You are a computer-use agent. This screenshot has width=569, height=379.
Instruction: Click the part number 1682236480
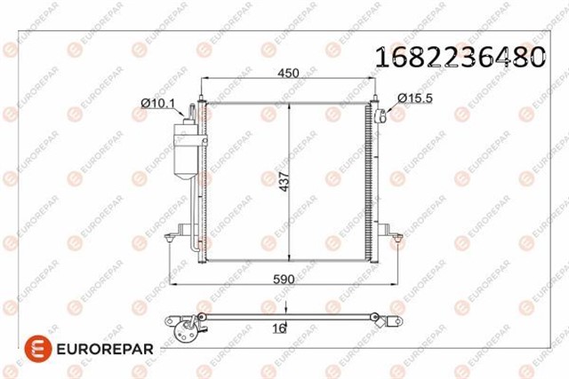[x=461, y=57]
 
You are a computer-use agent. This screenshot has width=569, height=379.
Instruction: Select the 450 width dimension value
[x=288, y=73]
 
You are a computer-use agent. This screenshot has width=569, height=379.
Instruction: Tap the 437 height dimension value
[x=285, y=182]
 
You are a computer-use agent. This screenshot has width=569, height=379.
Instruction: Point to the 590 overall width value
[x=284, y=280]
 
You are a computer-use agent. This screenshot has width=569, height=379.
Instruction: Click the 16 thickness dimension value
[x=279, y=328]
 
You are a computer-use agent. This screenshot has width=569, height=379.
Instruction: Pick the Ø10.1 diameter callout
[x=157, y=104]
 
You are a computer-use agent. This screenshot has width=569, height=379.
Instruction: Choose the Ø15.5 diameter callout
[x=415, y=98]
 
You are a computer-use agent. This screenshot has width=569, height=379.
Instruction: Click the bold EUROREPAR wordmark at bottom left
[x=105, y=349]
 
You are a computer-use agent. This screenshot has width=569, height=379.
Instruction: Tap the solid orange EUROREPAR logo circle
[x=38, y=349]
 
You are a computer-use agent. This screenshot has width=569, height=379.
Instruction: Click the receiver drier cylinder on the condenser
[x=186, y=150]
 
